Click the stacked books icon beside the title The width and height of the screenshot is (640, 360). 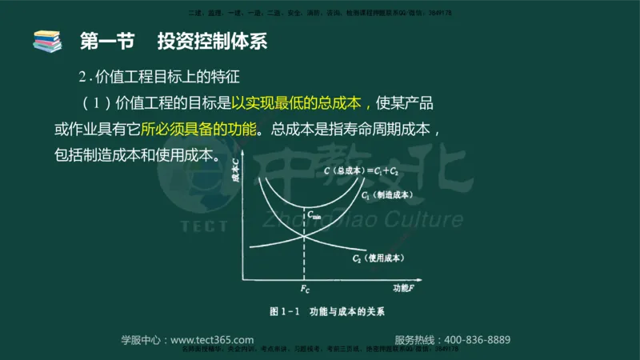pos(46,39)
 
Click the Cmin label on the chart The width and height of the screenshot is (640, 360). pos(314,214)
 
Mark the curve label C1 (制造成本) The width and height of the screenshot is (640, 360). pos(386,194)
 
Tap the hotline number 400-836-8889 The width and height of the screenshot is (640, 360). pos(476,339)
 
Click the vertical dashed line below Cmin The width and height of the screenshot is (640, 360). pos(304,256)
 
